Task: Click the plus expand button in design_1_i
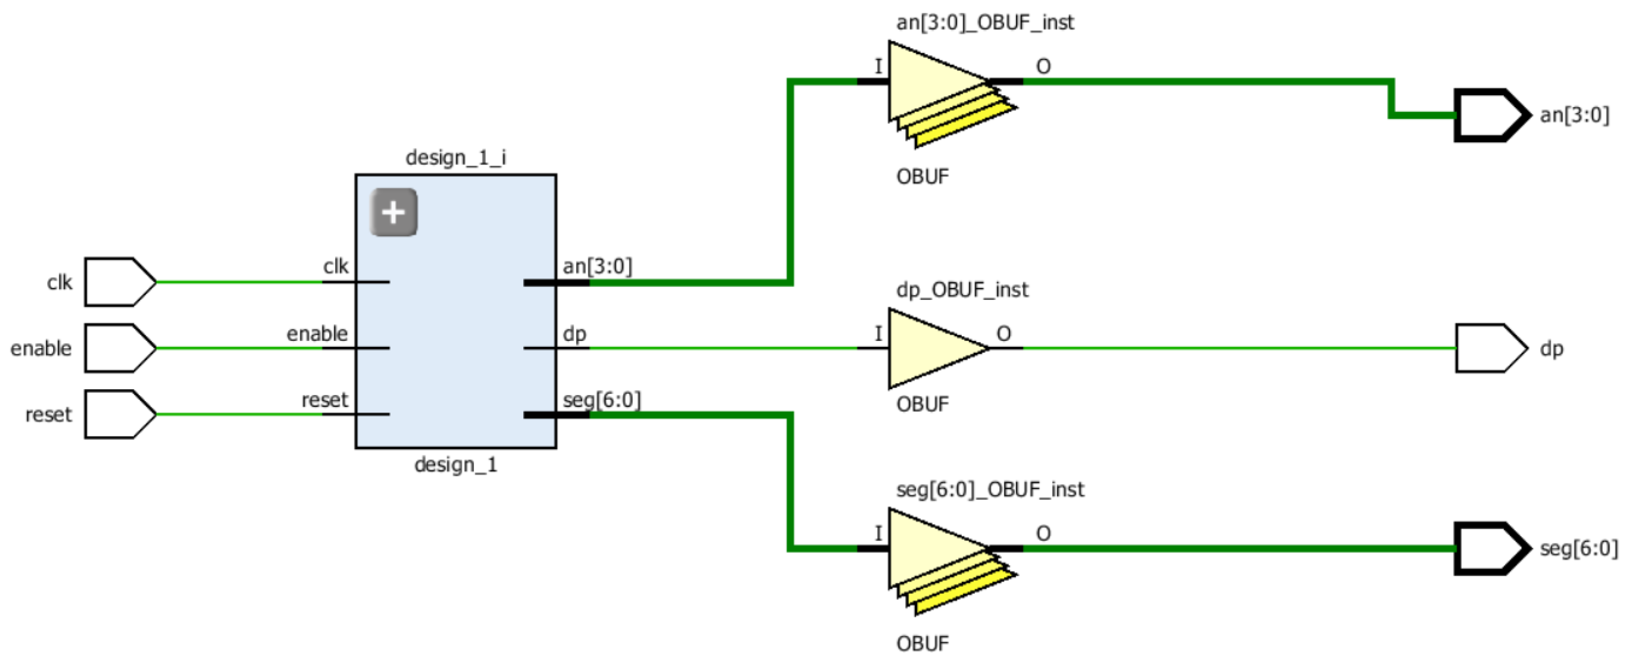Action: [x=394, y=212]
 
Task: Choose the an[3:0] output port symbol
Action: [x=1490, y=115]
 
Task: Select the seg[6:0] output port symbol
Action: [x=1490, y=548]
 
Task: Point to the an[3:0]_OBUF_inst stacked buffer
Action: [x=941, y=92]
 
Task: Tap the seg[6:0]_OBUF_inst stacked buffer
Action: [x=941, y=559]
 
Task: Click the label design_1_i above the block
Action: [x=455, y=157]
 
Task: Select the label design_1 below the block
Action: [x=455, y=465]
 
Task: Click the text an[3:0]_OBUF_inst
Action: [x=985, y=22]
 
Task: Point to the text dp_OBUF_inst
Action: [x=962, y=290]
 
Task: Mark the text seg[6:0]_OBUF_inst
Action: [x=990, y=489]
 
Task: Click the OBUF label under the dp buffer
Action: [x=922, y=404]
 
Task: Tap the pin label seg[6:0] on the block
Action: [x=601, y=400]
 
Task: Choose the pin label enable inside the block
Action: [x=317, y=333]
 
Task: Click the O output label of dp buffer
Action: [x=1004, y=333]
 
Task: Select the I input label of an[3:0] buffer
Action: [x=878, y=66]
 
